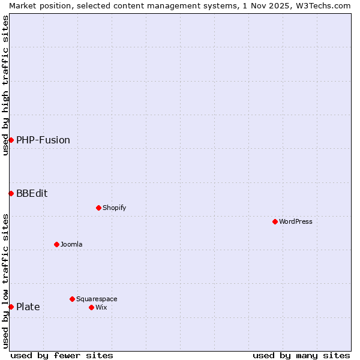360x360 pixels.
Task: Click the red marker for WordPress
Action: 275,221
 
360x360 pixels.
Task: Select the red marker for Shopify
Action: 98,208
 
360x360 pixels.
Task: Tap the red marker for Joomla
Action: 56,244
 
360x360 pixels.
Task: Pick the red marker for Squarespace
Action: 72,299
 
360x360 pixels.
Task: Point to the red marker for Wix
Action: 91,307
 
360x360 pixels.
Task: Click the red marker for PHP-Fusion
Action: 11,140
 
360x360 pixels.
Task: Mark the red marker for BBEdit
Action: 11,193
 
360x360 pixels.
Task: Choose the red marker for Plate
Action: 11,307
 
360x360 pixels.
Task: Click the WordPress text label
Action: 296,221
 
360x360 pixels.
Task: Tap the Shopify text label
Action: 115,208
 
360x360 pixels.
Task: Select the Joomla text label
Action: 71,244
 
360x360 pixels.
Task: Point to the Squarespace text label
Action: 97,299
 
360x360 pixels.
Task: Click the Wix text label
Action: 101,307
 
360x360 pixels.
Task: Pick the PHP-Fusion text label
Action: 43,140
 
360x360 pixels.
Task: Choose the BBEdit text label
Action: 32,193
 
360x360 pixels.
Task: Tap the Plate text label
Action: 28,307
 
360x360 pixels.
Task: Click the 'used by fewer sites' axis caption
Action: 62,355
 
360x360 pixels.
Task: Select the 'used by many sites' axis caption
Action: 301,355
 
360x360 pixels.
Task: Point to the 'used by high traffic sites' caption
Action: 5,85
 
